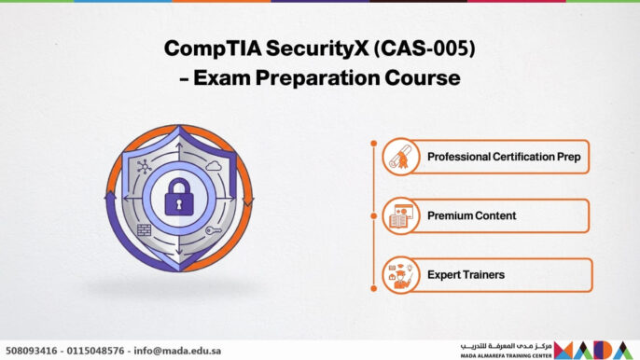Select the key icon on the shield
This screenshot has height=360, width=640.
tap(213, 230)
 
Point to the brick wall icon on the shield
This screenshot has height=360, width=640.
tap(143, 228)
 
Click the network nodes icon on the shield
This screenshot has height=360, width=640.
tap(143, 165)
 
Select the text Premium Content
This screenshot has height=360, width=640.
tap(471, 216)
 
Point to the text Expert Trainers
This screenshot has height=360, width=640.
tap(466, 275)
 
